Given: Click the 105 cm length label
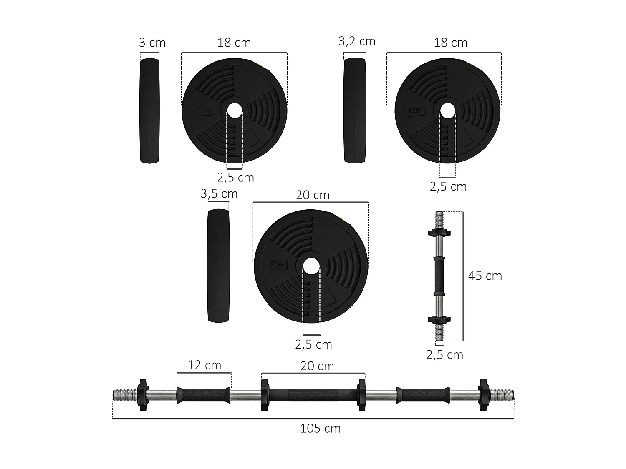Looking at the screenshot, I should pyautogui.click(x=320, y=429).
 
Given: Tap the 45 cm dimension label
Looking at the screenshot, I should pyautogui.click(x=485, y=276).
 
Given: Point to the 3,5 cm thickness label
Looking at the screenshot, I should pyautogui.click(x=219, y=194).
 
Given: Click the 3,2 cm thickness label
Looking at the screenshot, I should pyautogui.click(x=357, y=41).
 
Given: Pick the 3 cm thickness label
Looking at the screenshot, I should pyautogui.click(x=152, y=43).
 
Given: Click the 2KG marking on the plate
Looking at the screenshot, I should pyautogui.click(x=277, y=264).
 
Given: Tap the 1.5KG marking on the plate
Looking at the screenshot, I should pyautogui.click(x=416, y=111).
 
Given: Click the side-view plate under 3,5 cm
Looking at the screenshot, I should pyautogui.click(x=219, y=265).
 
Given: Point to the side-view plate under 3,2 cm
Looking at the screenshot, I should pyautogui.click(x=355, y=110).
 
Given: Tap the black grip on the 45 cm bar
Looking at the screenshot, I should pyautogui.click(x=439, y=276).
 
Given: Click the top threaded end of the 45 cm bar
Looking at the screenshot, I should pyautogui.click(x=439, y=219).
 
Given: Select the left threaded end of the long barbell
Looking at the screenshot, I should pyautogui.click(x=125, y=394).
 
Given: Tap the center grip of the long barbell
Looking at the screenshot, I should pyautogui.click(x=313, y=395).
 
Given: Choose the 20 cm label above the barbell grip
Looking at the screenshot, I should pyautogui.click(x=317, y=366).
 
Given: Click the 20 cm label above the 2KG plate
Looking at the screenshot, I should pyautogui.click(x=313, y=195).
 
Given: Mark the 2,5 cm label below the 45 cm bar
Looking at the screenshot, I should pyautogui.click(x=444, y=355).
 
